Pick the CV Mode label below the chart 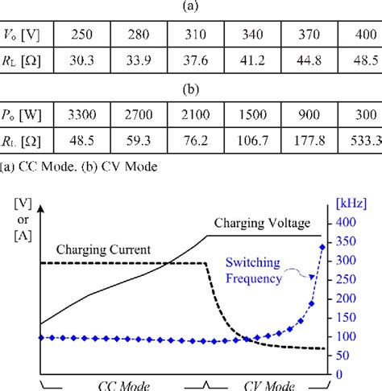click(x=267, y=385)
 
